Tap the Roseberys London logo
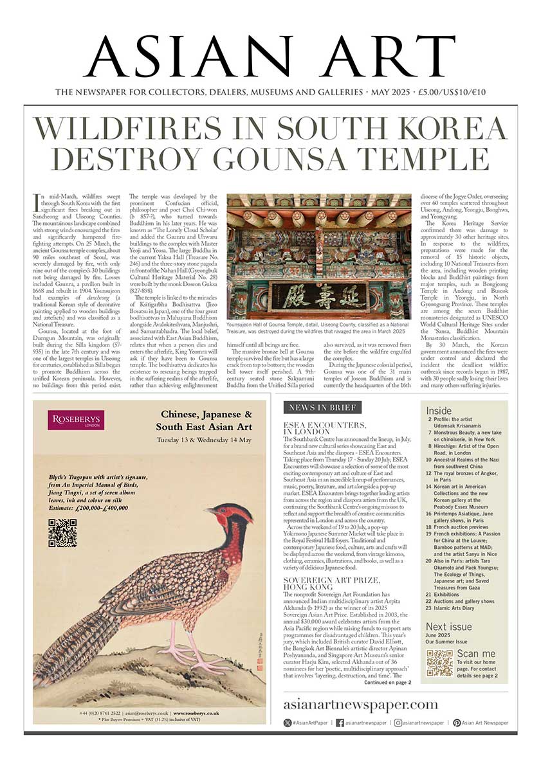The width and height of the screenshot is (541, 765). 76,421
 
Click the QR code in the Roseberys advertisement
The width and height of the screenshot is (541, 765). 62,533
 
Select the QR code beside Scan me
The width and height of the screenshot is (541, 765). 440,663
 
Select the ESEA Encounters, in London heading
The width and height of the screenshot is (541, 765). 326,429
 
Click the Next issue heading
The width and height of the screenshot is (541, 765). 448,627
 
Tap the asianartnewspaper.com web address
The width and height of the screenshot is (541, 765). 361,705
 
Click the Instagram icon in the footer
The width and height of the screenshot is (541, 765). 399,723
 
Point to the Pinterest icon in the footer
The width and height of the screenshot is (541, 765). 456,723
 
